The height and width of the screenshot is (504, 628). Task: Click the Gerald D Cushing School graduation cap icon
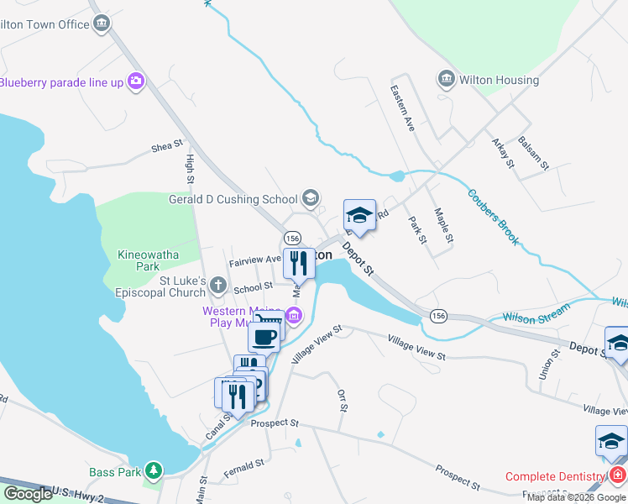(x=311, y=198)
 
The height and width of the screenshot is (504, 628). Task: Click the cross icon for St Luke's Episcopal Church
(x=217, y=285)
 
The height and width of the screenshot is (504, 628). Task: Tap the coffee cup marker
(x=264, y=337)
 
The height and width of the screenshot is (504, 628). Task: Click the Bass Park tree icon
(x=153, y=472)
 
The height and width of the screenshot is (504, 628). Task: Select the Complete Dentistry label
(x=555, y=476)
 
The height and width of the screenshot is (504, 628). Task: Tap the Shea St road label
(x=167, y=146)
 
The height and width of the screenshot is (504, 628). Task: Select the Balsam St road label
(x=533, y=152)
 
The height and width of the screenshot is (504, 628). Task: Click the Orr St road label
(x=342, y=400)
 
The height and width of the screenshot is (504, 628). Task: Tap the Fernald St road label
(x=244, y=469)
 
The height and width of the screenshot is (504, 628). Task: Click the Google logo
(x=28, y=494)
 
